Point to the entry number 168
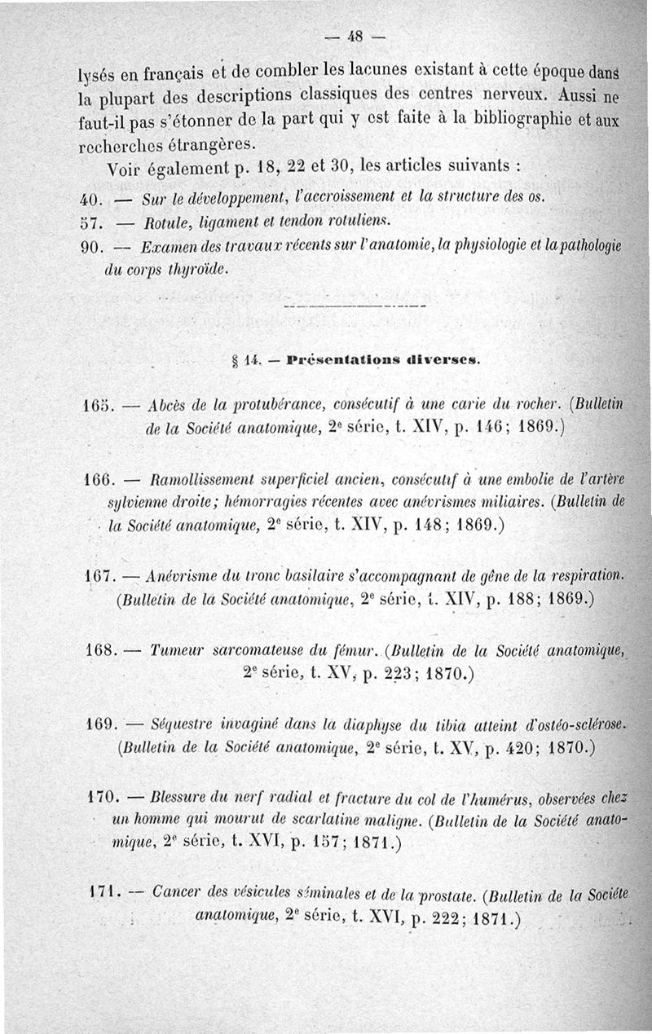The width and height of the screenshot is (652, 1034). [x=102, y=652]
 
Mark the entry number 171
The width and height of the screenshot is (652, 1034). [x=104, y=895]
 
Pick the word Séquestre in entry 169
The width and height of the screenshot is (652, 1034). [x=183, y=724]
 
